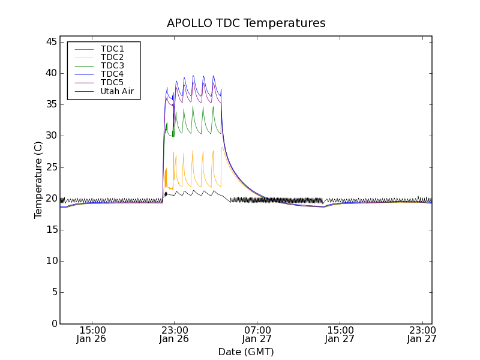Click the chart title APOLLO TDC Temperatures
pyautogui.click(x=246, y=23)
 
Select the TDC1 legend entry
pyautogui.click(x=112, y=49)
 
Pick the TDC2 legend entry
pyautogui.click(x=112, y=57)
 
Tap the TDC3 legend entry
pyautogui.click(x=112, y=65)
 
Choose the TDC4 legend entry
pyautogui.click(x=112, y=74)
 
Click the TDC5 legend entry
pyautogui.click(x=112, y=83)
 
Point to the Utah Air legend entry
pyautogui.click(x=117, y=92)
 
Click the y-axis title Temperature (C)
pyautogui.click(x=38, y=180)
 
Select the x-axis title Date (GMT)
pyautogui.click(x=246, y=352)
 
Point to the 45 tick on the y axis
pyautogui.click(x=50, y=42)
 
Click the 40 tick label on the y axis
pyautogui.click(x=50, y=73)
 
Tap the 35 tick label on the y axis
pyautogui.click(x=50, y=104)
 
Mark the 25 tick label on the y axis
pyautogui.click(x=50, y=167)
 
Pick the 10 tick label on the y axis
pyautogui.click(x=50, y=261)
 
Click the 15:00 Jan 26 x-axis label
pyautogui.click(x=92, y=334)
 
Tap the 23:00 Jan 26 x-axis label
pyautogui.click(x=174, y=334)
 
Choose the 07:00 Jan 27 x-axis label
pyautogui.click(x=257, y=334)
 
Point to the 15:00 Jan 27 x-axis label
pyautogui.click(x=340, y=334)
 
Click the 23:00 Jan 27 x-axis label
pyautogui.click(x=422, y=334)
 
